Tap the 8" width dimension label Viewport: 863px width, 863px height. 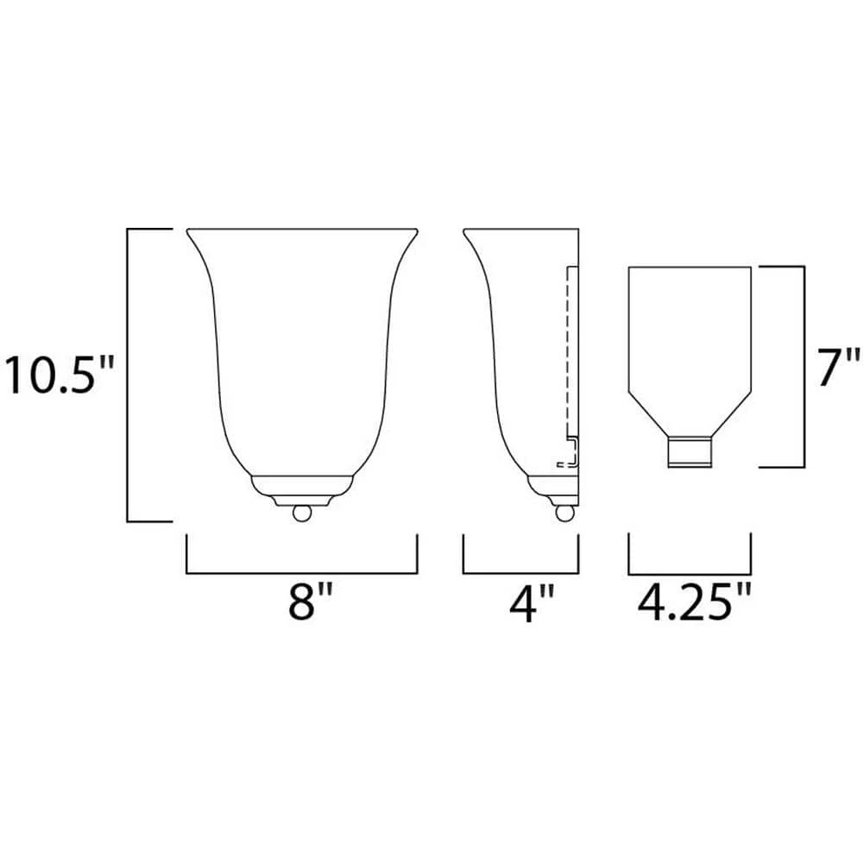click(x=311, y=603)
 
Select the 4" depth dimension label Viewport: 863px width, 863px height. click(x=532, y=603)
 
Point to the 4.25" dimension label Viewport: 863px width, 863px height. click(x=695, y=603)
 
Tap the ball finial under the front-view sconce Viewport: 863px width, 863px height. click(x=302, y=513)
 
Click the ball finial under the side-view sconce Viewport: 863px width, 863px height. click(x=564, y=513)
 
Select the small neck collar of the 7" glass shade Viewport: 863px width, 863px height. click(x=690, y=452)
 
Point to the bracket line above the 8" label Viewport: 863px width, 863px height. click(x=301, y=573)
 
